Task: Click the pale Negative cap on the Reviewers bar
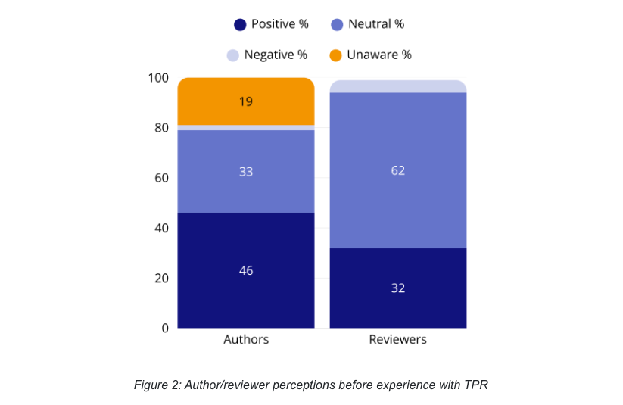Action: click(x=397, y=86)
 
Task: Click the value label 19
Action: click(x=246, y=101)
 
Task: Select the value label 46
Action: click(x=246, y=270)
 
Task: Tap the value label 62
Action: click(x=398, y=170)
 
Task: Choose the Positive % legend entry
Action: click(x=272, y=24)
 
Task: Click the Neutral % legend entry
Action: click(x=368, y=24)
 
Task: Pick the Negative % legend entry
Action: click(x=267, y=55)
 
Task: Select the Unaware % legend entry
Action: click(x=371, y=55)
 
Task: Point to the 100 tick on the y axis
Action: click(x=157, y=78)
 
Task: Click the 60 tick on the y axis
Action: click(x=160, y=178)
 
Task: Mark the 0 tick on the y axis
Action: click(x=164, y=328)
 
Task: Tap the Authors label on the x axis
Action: click(x=246, y=339)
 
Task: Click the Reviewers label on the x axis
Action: click(x=397, y=339)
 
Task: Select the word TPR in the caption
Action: click(x=475, y=385)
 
